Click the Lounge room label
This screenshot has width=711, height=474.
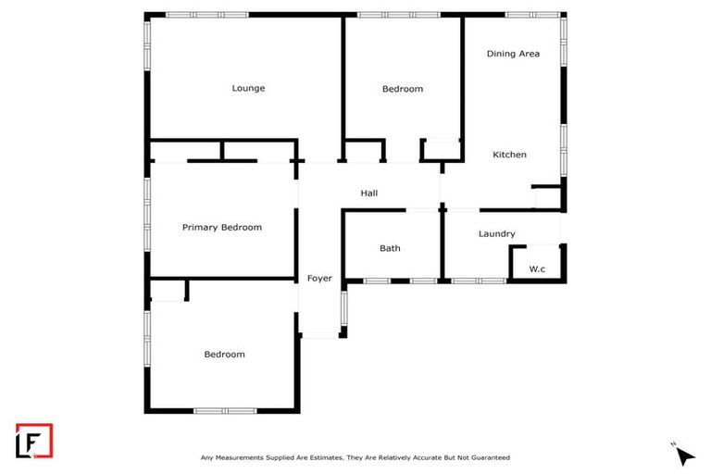click(x=248, y=89)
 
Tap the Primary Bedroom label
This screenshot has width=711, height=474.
click(x=221, y=228)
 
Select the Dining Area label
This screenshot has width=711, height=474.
click(x=513, y=54)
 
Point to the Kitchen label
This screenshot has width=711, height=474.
click(x=509, y=155)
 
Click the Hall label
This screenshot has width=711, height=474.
click(x=368, y=193)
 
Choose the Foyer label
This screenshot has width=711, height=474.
click(x=319, y=278)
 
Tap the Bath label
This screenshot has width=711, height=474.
click(x=390, y=248)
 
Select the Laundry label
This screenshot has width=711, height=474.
click(x=496, y=234)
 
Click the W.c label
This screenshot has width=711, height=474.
click(x=537, y=269)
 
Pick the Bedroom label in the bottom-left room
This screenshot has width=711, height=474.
click(x=224, y=355)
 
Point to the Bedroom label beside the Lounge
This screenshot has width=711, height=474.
click(x=403, y=89)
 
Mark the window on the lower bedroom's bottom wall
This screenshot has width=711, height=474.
click(x=225, y=411)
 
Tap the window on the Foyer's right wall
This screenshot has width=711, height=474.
click(x=343, y=308)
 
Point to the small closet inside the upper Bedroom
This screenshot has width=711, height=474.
click(x=441, y=149)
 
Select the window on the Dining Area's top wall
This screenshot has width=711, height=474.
click(x=532, y=15)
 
